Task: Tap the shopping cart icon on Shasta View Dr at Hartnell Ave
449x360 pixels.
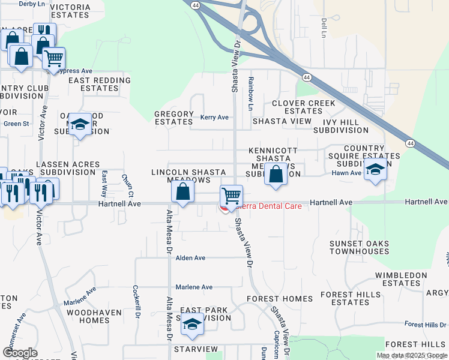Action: click(231, 195)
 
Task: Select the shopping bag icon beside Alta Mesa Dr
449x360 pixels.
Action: click(183, 192)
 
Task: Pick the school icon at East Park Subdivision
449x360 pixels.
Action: click(191, 324)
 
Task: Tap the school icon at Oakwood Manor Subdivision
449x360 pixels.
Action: click(80, 124)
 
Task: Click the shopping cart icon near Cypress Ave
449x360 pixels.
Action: click(53, 58)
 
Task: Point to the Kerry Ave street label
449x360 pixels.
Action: click(214, 118)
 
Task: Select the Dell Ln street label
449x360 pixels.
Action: click(323, 26)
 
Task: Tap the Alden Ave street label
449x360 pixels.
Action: click(191, 258)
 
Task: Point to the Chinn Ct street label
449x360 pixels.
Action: click(127, 185)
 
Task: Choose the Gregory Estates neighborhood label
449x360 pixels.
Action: click(174, 118)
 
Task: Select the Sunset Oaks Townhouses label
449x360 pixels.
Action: click(359, 247)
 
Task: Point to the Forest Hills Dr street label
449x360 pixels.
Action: click(424, 325)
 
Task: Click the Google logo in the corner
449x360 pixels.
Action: click(19, 353)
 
